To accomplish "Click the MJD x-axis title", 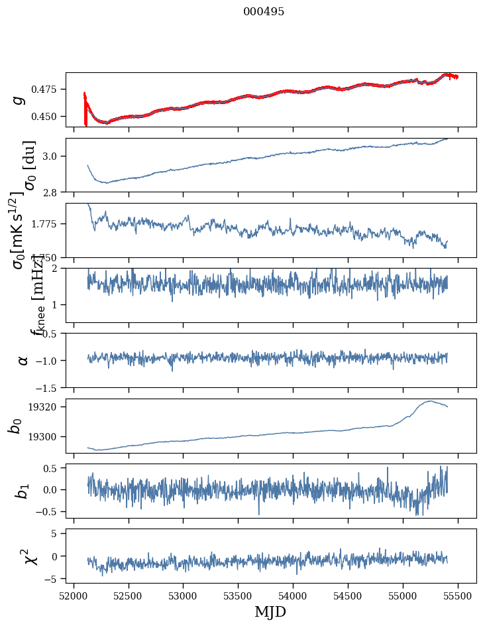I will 270,611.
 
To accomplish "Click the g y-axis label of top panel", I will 19,99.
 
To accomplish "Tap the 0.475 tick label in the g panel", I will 47,89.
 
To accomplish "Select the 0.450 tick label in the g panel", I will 47,116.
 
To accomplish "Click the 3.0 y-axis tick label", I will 53,156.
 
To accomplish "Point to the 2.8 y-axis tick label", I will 53,192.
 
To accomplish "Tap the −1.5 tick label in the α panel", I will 48,387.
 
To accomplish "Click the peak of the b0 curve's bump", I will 430,401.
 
